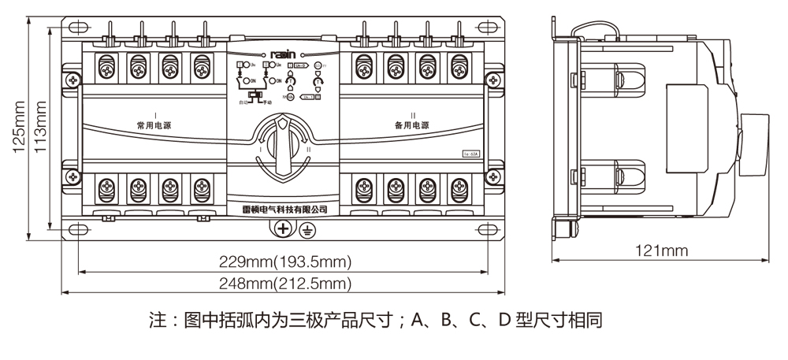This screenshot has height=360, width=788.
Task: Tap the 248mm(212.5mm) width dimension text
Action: pyautogui.click(x=285, y=283)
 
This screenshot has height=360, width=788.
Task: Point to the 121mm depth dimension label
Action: pyautogui.click(x=662, y=251)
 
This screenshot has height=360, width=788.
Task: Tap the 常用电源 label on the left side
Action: pyautogui.click(x=154, y=126)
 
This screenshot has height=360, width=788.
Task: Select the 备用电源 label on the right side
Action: pyautogui.click(x=413, y=126)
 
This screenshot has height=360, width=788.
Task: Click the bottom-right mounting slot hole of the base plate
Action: pyautogui.click(x=489, y=229)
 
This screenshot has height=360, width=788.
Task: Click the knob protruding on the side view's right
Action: pyautogui.click(x=754, y=143)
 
